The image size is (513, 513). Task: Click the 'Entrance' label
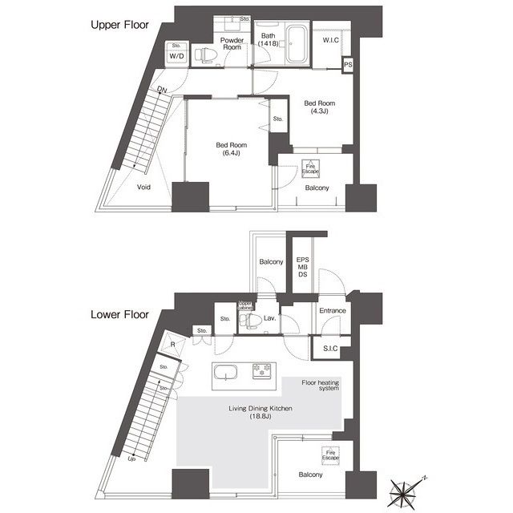coord(332,310)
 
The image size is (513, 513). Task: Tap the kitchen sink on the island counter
coord(226,374)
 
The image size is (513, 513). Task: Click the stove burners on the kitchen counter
coord(262,373)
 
